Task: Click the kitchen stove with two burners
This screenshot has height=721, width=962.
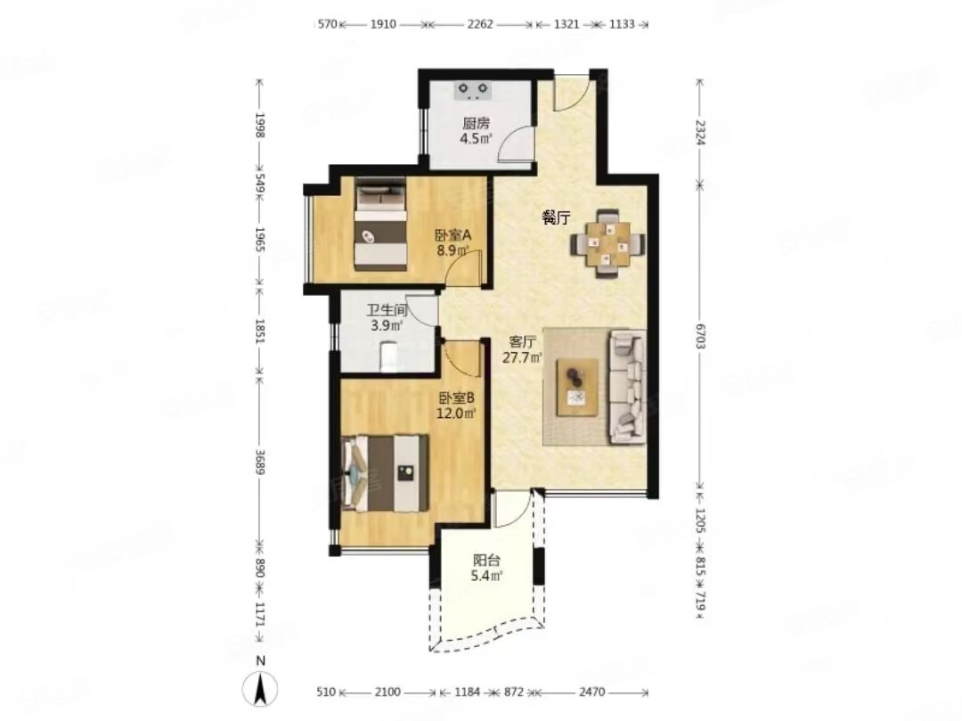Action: click(x=473, y=91)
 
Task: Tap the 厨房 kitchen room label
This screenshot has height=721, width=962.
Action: click(x=477, y=123)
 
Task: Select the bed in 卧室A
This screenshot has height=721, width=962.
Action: click(x=381, y=224)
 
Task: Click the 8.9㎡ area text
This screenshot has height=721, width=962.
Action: click(x=452, y=250)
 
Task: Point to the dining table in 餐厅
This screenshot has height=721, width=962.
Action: click(x=608, y=244)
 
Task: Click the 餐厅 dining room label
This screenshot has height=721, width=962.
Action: click(x=557, y=217)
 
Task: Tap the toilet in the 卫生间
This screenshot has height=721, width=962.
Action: click(x=389, y=356)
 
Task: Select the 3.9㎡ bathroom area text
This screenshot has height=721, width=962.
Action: click(x=387, y=325)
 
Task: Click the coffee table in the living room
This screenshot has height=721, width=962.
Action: click(x=577, y=388)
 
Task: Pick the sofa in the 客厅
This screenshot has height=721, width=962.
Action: click(x=627, y=387)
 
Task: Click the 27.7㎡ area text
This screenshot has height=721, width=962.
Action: click(x=522, y=357)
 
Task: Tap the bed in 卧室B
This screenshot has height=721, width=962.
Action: click(x=386, y=473)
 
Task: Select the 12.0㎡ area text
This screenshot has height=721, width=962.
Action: click(x=456, y=414)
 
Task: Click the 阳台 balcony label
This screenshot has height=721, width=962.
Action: click(x=486, y=561)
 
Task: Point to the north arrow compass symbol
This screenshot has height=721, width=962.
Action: click(x=261, y=688)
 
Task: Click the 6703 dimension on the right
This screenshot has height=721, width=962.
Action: click(x=701, y=335)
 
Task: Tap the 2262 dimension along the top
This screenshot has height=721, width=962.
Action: click(x=480, y=25)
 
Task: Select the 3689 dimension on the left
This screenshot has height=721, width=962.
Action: click(x=259, y=459)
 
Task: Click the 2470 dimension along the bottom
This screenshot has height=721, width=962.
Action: click(x=592, y=692)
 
